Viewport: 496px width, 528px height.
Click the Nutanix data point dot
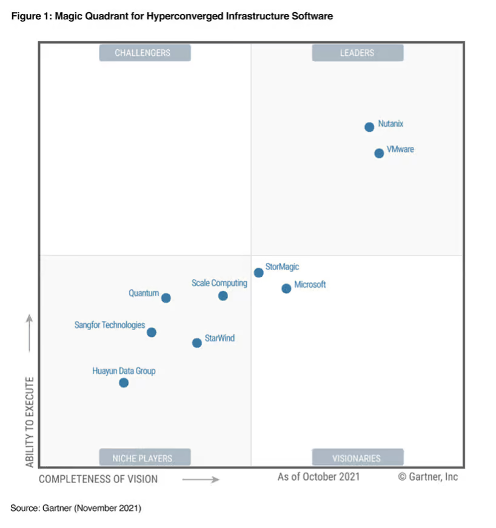coord(369,127)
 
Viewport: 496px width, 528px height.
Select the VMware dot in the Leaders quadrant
coord(379,153)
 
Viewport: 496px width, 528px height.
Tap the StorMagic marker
coord(259,272)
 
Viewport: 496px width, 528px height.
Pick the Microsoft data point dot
coord(286,288)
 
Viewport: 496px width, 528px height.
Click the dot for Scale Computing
coord(223,296)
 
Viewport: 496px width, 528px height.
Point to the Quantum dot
coord(166,298)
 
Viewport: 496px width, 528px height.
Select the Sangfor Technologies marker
coord(152,332)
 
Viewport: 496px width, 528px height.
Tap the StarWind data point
coord(197,343)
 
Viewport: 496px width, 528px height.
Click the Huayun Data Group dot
coord(124,382)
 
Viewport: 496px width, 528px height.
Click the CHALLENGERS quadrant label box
coord(145,53)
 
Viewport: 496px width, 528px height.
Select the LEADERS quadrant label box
coord(357,53)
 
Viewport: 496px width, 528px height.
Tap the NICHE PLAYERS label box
coord(145,458)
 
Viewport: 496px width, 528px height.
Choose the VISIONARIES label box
coord(357,458)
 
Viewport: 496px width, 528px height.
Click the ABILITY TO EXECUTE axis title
coord(30,422)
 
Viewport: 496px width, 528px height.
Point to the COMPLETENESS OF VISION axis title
coord(98,479)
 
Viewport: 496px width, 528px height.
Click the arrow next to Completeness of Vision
coord(201,479)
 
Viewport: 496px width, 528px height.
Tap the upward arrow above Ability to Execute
coord(30,333)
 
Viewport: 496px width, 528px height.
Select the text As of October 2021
coord(318,476)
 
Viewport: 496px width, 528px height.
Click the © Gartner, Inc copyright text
coord(428,476)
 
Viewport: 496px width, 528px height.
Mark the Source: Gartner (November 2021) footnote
coord(76,507)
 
